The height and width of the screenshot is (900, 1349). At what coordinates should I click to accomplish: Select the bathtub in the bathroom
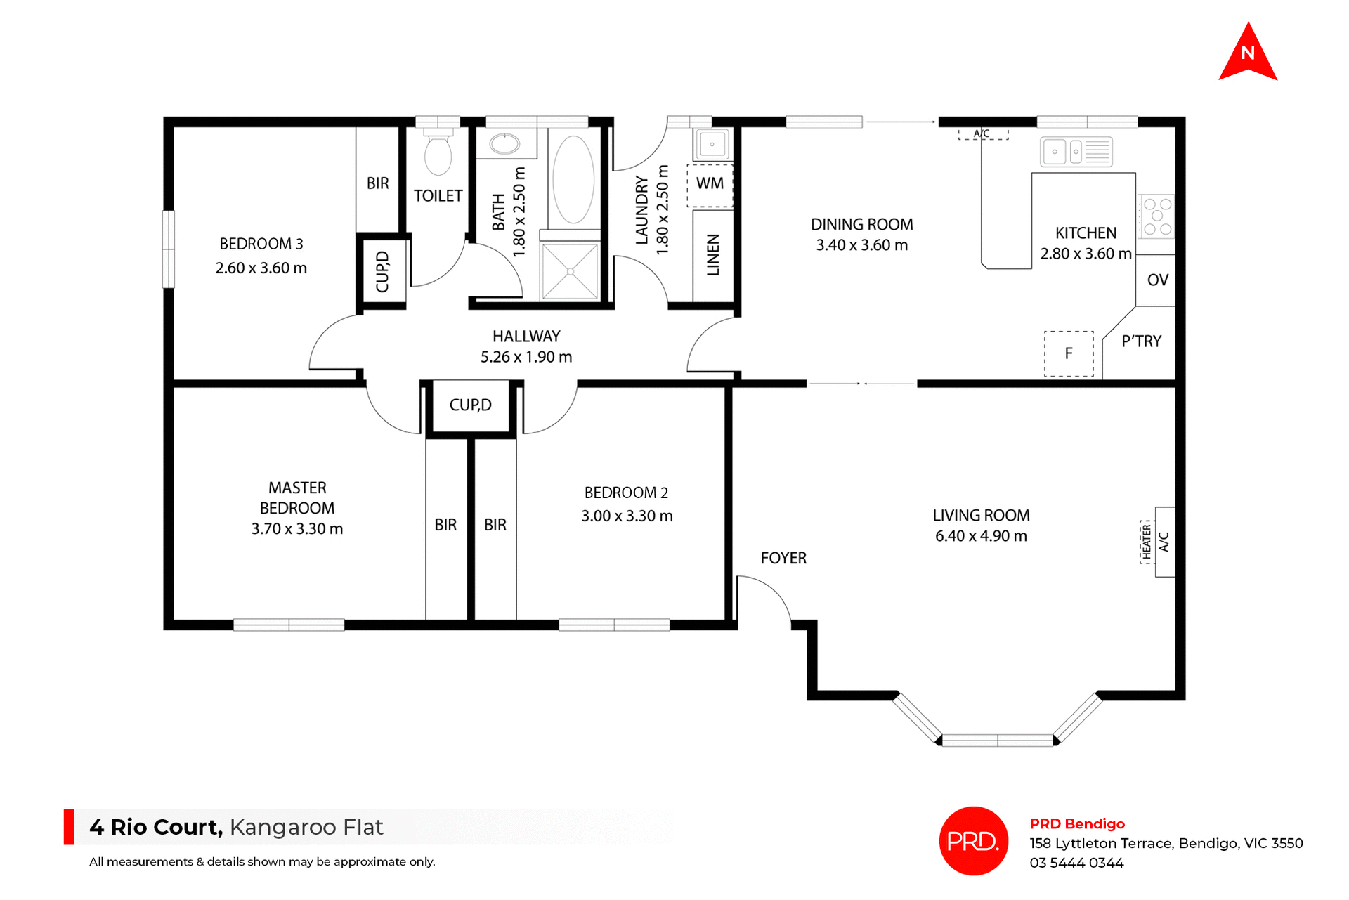click(x=573, y=179)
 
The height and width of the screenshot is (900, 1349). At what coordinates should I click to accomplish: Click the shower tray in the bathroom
click(x=570, y=271)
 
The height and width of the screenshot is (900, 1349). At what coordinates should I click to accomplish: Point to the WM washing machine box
click(x=710, y=185)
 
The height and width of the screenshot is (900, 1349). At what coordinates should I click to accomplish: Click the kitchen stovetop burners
click(x=1156, y=216)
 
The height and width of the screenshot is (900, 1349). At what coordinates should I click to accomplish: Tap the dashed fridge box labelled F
click(x=1069, y=353)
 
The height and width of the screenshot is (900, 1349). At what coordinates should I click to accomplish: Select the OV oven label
click(x=1157, y=280)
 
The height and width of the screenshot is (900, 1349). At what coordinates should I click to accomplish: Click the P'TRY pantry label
click(x=1141, y=341)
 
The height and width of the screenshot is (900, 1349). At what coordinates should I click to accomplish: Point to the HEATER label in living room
click(x=1147, y=542)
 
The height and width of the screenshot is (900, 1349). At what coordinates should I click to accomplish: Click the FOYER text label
click(x=783, y=559)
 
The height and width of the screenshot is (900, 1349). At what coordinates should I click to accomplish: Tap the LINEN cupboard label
click(x=713, y=255)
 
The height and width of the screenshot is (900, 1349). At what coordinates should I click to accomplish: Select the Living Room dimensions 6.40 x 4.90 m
click(x=981, y=536)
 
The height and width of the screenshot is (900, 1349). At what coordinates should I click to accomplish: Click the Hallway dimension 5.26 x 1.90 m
click(x=526, y=357)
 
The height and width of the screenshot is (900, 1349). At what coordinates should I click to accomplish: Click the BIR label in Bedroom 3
click(x=377, y=183)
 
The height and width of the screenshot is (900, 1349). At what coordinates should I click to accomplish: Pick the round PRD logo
click(x=973, y=841)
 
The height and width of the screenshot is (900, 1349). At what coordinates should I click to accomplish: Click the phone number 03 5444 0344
click(x=1076, y=863)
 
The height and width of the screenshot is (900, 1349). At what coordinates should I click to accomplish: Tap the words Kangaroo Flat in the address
click(x=306, y=827)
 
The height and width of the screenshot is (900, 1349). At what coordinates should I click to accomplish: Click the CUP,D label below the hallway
click(x=470, y=405)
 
